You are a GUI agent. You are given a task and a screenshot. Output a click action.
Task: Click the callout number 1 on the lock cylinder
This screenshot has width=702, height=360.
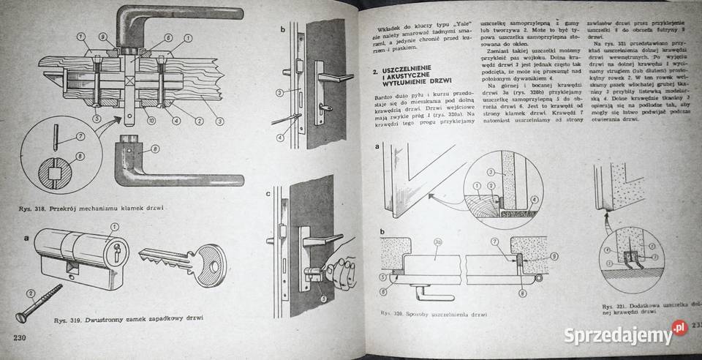tap(114, 230)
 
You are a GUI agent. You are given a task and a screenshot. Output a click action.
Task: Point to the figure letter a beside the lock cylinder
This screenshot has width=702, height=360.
tap(26, 239)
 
